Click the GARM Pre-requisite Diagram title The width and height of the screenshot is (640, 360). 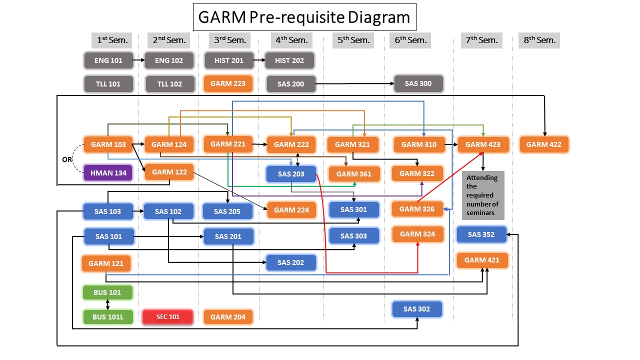(x=304, y=17)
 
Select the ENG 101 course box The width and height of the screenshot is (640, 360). (x=108, y=60)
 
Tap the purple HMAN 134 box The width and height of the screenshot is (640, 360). (x=108, y=173)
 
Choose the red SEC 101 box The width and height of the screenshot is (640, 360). (x=167, y=317)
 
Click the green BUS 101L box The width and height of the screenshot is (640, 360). (x=108, y=317)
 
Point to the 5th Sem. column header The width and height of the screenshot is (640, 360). (x=353, y=40)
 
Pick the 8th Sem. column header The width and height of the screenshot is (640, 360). (x=539, y=40)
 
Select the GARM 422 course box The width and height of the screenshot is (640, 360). (x=543, y=144)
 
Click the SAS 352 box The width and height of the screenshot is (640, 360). (x=481, y=234)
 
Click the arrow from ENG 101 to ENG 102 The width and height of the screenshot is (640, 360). (x=139, y=60)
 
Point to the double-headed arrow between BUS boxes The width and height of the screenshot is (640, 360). (x=108, y=304)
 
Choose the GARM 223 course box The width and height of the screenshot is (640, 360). (x=228, y=83)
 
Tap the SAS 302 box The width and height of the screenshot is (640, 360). (x=416, y=309)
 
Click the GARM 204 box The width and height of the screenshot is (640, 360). (x=228, y=317)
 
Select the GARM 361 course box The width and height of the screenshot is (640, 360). (x=353, y=174)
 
